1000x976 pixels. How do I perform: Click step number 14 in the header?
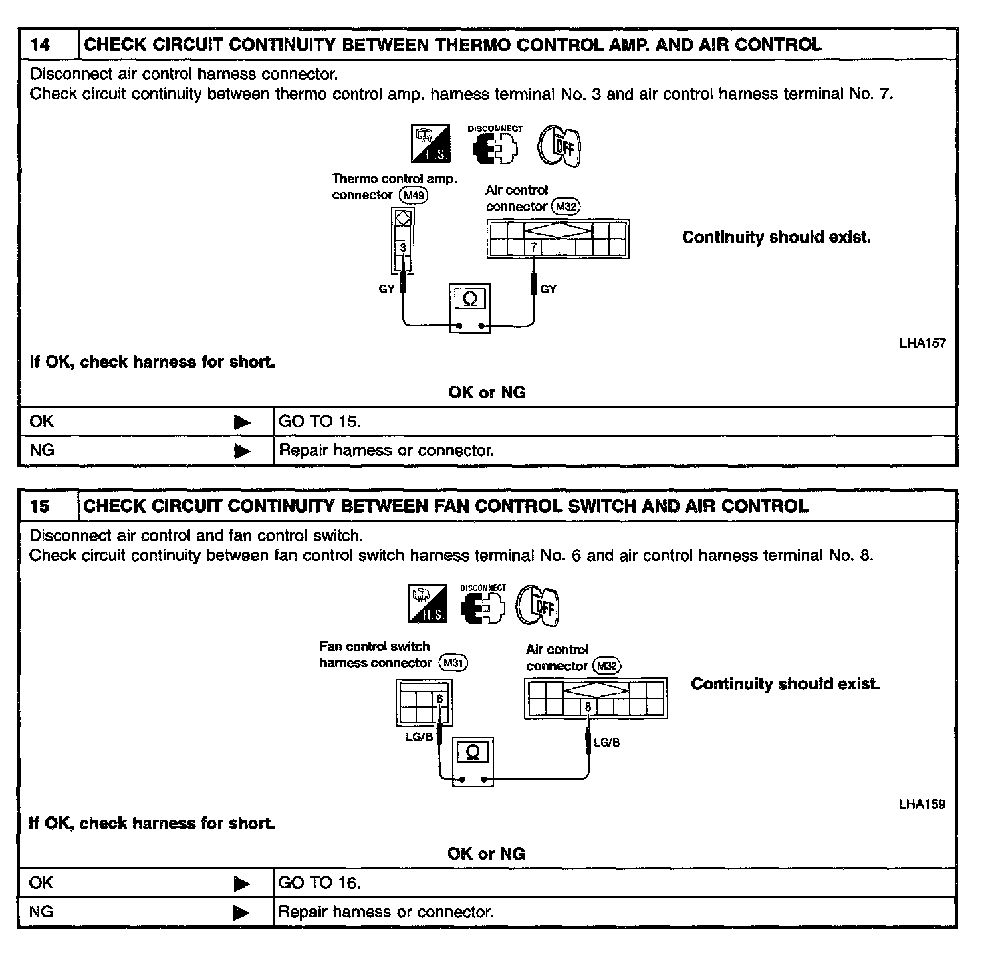pos(41,45)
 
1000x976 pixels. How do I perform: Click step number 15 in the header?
pos(40,507)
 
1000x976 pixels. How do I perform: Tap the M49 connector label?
pos(413,195)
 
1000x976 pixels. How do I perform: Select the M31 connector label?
pos(454,663)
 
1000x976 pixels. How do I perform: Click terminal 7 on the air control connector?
pos(533,247)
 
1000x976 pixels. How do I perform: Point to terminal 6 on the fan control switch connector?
pos(439,699)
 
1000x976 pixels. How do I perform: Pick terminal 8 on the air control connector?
pos(588,707)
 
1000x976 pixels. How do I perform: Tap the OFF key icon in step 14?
pos(559,145)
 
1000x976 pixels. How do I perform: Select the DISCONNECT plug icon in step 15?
pos(483,605)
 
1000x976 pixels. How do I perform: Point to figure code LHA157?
pos(922,344)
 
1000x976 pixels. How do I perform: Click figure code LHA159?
pos(922,805)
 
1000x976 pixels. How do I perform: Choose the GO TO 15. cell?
pos(320,422)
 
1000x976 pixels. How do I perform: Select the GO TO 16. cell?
pos(319,883)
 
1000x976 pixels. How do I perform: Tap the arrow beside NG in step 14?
pos(242,451)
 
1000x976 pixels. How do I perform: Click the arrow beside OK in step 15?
pos(242,884)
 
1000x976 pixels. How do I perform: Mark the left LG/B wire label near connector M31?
pos(419,737)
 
